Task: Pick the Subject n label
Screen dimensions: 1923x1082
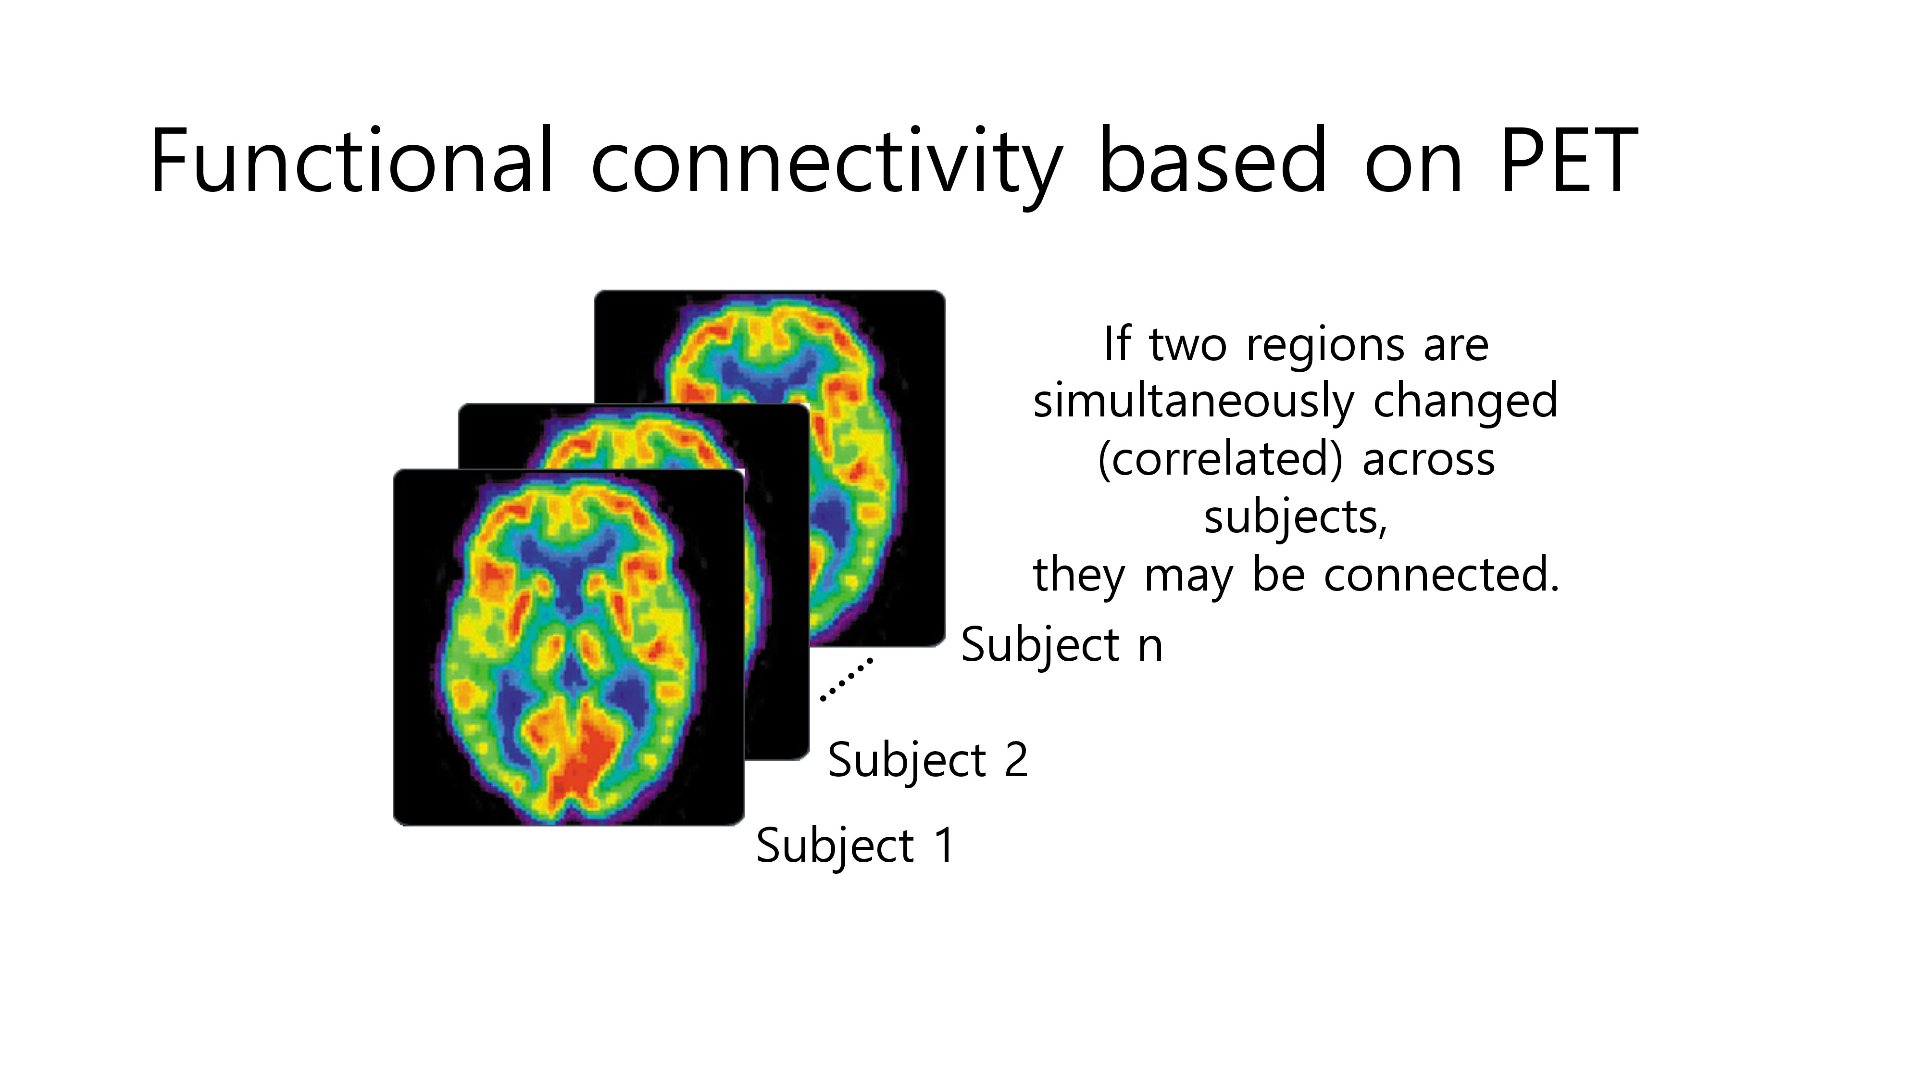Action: coord(1061,646)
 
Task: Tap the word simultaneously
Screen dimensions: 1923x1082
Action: coord(1194,402)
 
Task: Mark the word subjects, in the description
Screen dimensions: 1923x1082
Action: coord(1295,517)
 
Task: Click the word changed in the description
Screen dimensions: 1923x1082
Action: coord(1465,402)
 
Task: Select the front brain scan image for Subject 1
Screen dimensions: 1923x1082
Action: coord(569,647)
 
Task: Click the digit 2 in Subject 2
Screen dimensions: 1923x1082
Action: coord(1016,760)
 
